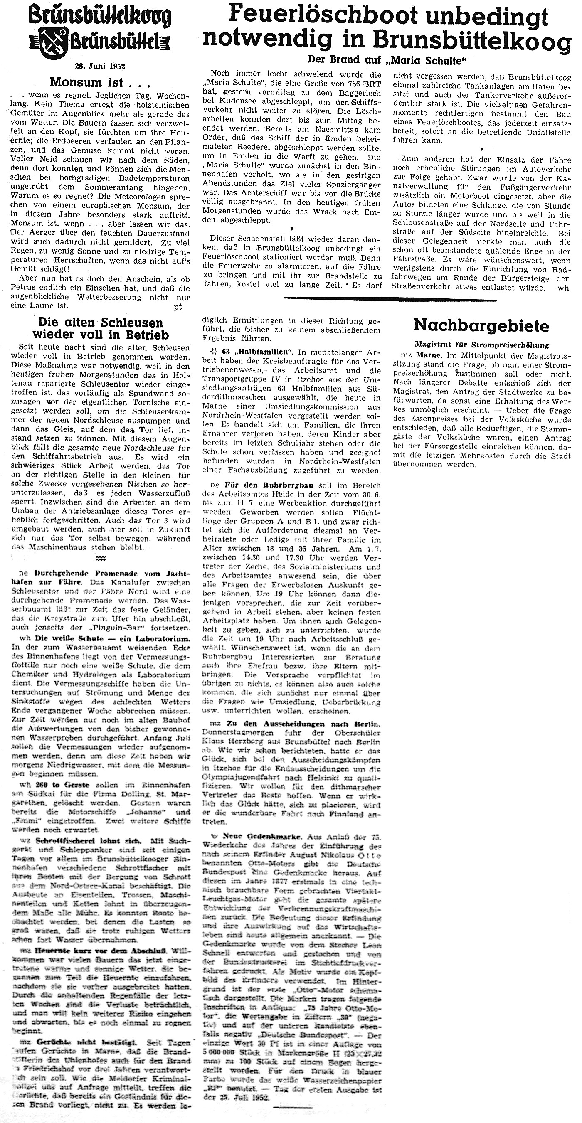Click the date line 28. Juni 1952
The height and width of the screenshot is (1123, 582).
point(100,66)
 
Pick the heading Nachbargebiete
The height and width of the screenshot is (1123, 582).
point(481,325)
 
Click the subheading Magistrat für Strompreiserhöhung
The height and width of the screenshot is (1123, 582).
point(482,345)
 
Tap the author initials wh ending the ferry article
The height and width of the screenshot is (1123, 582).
point(564,288)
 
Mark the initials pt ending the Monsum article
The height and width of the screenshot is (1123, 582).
point(178,306)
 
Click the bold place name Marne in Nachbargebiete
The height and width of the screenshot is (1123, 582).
point(422,355)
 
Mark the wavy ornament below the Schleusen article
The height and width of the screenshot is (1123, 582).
point(100,559)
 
